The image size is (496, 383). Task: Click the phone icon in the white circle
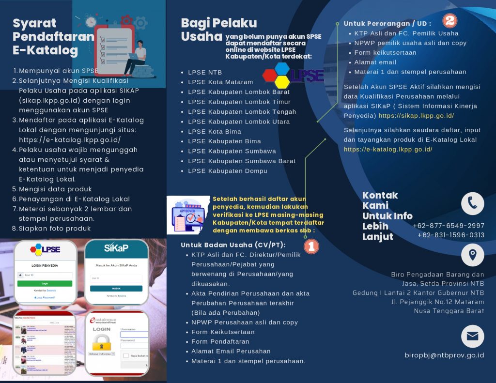[x=472, y=203]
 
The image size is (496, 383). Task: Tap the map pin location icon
[x=472, y=255]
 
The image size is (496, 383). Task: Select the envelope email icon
[x=472, y=336]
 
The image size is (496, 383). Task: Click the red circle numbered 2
[x=450, y=20]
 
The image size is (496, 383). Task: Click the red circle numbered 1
[x=311, y=246]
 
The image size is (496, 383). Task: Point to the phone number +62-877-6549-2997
[x=449, y=226]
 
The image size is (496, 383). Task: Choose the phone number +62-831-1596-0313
[x=451, y=235]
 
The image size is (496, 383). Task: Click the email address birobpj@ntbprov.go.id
[x=444, y=355]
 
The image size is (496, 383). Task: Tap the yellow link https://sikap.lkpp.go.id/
[x=416, y=116]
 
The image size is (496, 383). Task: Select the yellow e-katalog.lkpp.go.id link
[x=388, y=149]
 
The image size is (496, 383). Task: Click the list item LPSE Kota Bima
[x=215, y=131]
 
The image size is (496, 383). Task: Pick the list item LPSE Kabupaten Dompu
[x=228, y=170]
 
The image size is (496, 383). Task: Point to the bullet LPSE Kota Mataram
[x=220, y=82]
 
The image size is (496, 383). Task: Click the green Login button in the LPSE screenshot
[x=45, y=283]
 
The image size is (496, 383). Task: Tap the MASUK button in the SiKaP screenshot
[x=116, y=288]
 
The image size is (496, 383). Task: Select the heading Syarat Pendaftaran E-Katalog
[x=46, y=36]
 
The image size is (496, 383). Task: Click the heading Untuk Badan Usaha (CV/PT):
[x=233, y=245]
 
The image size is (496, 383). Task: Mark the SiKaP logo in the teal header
[x=116, y=248]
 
